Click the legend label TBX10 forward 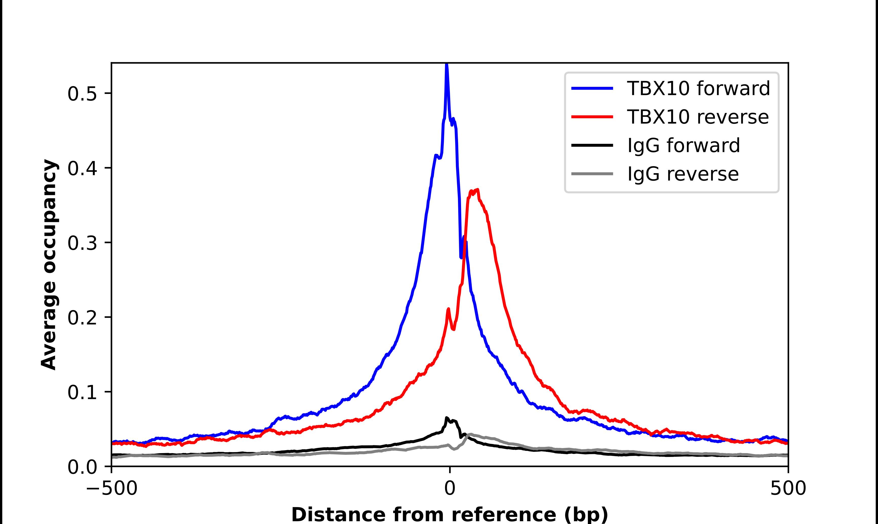tap(698, 88)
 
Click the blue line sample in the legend tap(592, 88)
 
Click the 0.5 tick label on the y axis tap(82, 94)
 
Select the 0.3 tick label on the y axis tap(82, 243)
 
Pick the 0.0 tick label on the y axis tap(82, 467)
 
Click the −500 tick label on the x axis tap(112, 489)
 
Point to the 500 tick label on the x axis tap(788, 489)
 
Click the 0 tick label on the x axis tap(449, 489)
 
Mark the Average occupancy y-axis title tap(49, 265)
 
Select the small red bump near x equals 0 tap(448, 309)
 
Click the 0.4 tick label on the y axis tap(82, 168)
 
